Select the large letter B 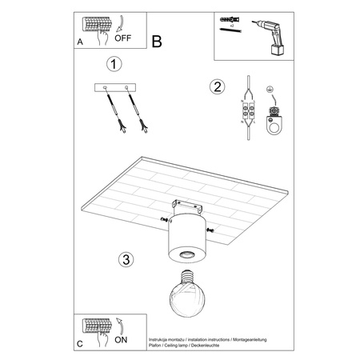[x=157, y=39]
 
